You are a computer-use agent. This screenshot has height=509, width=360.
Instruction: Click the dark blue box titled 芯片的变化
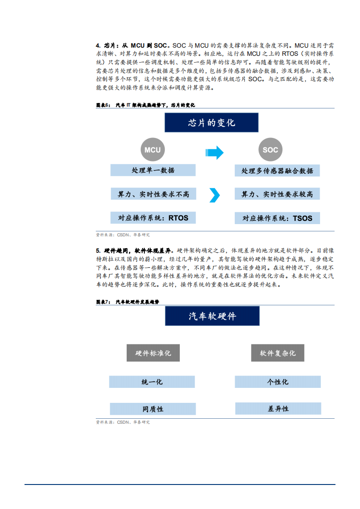point(212,122)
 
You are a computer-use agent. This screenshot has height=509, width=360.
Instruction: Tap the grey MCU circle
point(153,150)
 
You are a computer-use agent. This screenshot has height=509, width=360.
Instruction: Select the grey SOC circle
point(270,150)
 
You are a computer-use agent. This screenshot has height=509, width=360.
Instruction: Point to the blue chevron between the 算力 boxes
point(214,195)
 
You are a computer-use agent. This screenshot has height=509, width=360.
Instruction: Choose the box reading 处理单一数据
point(153,170)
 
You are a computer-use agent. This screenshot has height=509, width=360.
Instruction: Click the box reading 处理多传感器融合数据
point(277,171)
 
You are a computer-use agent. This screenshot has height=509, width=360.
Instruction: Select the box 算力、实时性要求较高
point(277,194)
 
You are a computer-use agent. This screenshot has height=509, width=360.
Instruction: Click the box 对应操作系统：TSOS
point(277,218)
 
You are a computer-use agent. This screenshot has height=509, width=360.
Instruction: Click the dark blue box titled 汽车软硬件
point(212,316)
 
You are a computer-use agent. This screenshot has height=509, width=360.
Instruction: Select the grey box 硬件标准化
point(153,353)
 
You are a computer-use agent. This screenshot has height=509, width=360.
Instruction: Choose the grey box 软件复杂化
point(277,353)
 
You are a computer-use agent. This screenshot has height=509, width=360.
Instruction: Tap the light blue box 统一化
point(152,382)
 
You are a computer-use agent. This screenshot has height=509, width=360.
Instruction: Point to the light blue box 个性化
point(277,382)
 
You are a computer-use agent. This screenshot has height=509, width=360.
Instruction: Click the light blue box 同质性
point(153,409)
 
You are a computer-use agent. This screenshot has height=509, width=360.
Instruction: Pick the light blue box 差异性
point(278,408)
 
